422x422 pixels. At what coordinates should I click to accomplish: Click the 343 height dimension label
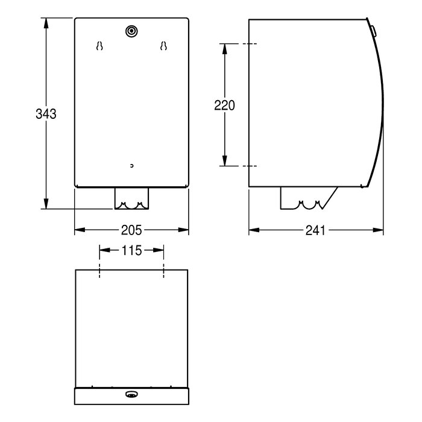46,114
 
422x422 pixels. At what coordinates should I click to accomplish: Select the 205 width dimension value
131,230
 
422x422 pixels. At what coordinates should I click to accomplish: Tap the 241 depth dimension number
315,230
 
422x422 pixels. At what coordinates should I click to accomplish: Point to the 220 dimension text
224,105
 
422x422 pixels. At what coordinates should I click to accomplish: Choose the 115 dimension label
131,251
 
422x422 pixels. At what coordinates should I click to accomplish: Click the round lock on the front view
131,31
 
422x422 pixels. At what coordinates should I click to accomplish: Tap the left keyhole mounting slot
99,46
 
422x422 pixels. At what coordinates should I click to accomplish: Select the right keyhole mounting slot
163,46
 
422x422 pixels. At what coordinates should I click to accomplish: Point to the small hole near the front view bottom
131,166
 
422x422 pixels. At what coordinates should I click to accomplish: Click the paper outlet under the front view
131,198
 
